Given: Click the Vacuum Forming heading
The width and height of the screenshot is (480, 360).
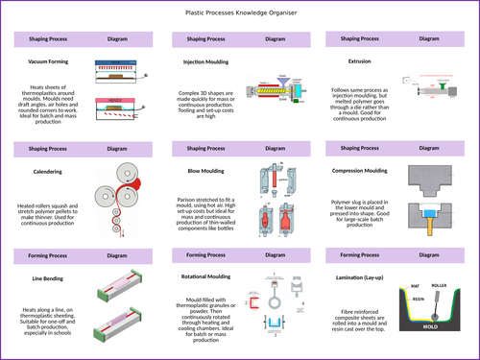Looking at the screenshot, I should [x=50, y=60].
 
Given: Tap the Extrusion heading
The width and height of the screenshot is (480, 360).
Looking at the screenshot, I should [x=359, y=60].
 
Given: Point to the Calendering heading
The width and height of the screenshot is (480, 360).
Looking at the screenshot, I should [x=47, y=172].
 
